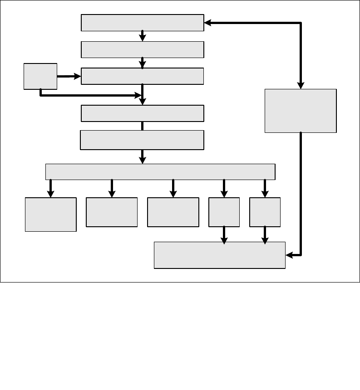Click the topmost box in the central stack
click(142, 23)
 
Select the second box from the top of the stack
click(142, 49)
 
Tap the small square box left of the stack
click(40, 76)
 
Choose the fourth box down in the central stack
click(142, 113)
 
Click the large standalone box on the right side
click(301, 111)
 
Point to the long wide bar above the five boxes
click(160, 172)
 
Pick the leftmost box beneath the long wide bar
click(50, 214)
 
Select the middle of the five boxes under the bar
click(173, 212)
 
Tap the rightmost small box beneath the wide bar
click(265, 212)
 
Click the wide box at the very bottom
click(220, 255)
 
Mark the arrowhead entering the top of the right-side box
click(301, 85)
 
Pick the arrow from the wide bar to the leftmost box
click(50, 188)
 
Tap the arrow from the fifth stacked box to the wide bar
click(142, 156)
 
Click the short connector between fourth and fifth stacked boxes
click(142, 126)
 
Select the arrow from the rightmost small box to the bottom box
click(265, 235)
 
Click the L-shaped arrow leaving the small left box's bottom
click(91, 95)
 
